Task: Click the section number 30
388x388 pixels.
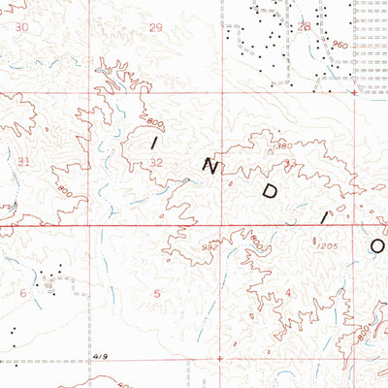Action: tap(21, 27)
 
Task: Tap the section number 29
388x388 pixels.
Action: tap(156, 27)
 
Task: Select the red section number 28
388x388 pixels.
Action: tap(304, 27)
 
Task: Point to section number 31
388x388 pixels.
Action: tap(23, 161)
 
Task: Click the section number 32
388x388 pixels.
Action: tap(157, 163)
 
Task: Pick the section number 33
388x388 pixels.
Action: tap(290, 163)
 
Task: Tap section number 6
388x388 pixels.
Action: tap(23, 292)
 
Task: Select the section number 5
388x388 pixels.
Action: tap(156, 292)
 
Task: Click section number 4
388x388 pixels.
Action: tap(288, 292)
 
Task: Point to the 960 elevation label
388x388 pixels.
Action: tap(338, 45)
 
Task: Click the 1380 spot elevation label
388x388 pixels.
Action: tap(281, 145)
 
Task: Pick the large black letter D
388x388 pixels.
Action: tap(271, 192)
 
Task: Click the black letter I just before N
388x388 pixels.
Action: tap(154, 142)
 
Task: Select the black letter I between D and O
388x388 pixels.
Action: tap(324, 219)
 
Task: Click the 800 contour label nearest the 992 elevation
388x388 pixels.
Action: tap(255, 240)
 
